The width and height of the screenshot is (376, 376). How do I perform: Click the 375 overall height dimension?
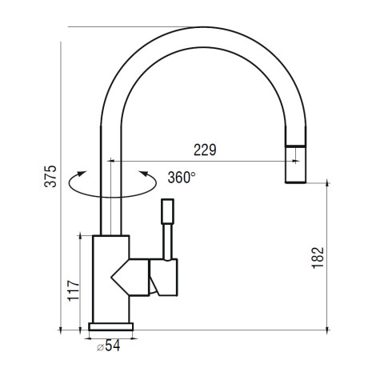tap(50, 176)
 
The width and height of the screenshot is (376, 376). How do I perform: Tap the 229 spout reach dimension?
tap(205, 150)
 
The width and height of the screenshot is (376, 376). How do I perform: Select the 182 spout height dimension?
tap(318, 258)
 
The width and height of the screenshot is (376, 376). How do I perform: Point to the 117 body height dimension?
tap(74, 291)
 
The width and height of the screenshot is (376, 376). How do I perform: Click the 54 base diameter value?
tap(113, 346)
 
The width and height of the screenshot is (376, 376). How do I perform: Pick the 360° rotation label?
tap(182, 177)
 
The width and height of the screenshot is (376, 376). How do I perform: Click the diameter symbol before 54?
tap(100, 347)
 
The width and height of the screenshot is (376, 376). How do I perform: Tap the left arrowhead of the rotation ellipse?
tap(82, 174)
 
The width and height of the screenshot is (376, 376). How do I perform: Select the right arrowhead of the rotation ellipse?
tap(144, 174)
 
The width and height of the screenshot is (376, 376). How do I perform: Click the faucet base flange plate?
tap(111, 326)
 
